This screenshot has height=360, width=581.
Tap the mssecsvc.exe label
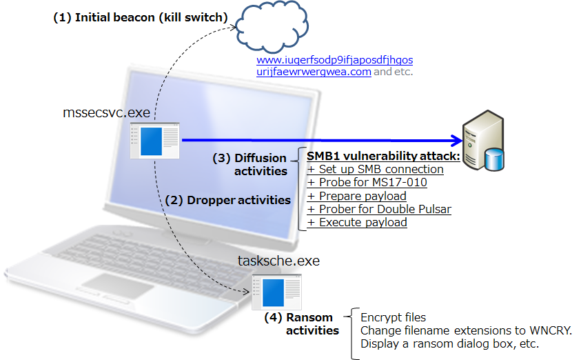pos(107,112)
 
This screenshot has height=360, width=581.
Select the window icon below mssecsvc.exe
pos(155,141)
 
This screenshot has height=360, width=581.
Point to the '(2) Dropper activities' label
pos(228,200)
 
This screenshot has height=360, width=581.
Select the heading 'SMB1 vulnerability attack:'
pos(383,156)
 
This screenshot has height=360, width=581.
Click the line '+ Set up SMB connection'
pos(376,169)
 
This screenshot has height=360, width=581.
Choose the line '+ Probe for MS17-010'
pos(367,182)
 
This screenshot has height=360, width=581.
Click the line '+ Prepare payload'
pos(357,196)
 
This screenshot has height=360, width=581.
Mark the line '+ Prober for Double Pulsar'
pos(379,209)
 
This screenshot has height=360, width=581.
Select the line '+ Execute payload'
pos(357,222)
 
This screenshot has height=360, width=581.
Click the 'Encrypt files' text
pos(394,317)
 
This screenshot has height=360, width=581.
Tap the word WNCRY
pos(551,330)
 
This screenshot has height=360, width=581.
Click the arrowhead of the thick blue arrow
pos(454,141)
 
